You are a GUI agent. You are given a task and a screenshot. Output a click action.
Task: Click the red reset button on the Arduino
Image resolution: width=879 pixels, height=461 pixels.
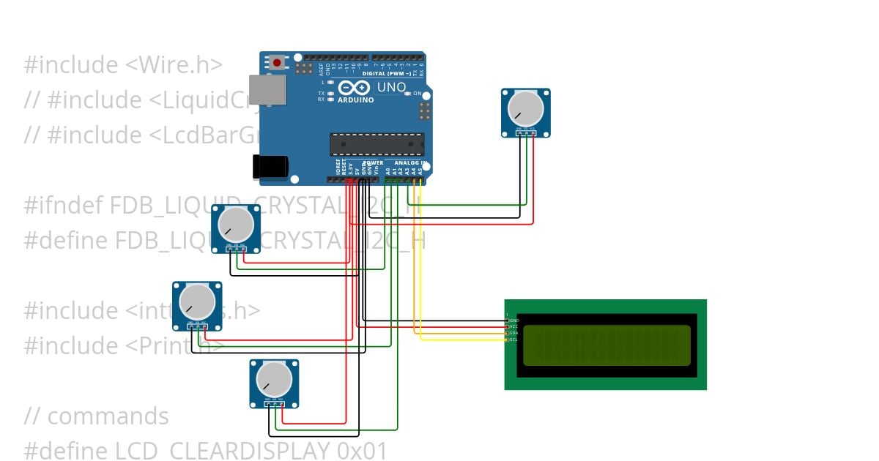[x=277, y=63]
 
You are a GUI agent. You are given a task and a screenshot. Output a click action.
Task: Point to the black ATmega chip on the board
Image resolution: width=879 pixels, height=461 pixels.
[x=377, y=144]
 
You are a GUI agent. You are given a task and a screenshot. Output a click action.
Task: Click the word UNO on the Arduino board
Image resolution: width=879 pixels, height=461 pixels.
[x=391, y=87]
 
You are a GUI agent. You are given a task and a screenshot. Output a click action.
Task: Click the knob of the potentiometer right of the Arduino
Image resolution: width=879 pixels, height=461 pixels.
[x=526, y=108]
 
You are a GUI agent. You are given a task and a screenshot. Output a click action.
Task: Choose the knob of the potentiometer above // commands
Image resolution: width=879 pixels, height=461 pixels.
[x=274, y=379]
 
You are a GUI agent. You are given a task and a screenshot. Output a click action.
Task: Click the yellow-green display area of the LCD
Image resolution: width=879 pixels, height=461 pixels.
[x=607, y=345]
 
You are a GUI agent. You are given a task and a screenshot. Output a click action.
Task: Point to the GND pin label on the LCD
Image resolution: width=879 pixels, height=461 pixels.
[x=513, y=321]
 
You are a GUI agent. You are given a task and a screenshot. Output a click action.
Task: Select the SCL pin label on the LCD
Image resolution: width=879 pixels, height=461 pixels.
[x=513, y=340]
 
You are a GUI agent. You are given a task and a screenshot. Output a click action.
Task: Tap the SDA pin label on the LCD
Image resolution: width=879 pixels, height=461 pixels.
[x=513, y=333]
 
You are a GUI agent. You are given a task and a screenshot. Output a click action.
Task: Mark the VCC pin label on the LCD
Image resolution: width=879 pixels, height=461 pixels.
[x=513, y=326]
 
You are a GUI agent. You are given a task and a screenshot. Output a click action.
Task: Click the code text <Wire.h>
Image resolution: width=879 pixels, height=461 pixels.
[x=174, y=65]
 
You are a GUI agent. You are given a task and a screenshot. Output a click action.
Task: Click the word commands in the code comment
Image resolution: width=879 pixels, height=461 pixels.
[x=108, y=416]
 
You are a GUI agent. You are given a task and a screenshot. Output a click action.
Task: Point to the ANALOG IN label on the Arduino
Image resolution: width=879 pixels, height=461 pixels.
[x=409, y=162]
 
